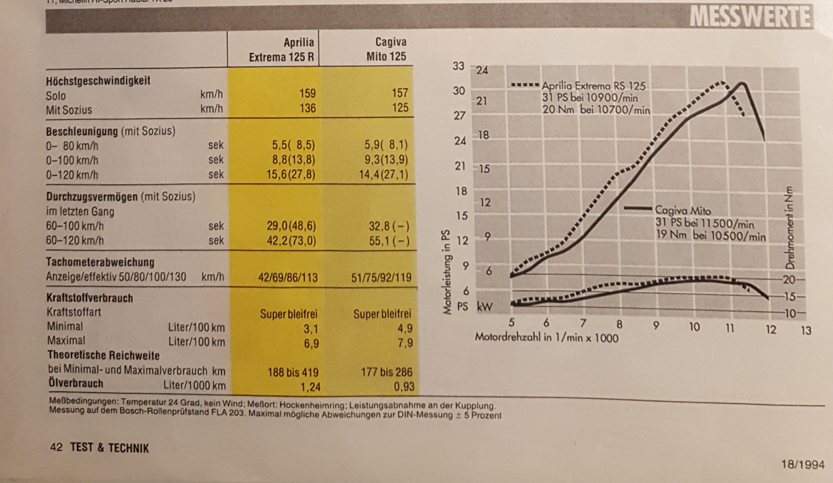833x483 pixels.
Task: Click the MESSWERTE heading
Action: click(x=750, y=17)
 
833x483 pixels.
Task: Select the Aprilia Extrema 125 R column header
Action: click(x=281, y=50)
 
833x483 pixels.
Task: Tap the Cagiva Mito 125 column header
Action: click(x=386, y=49)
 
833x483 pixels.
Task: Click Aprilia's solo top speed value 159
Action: click(x=307, y=93)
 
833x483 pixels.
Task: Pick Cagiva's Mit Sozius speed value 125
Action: click(x=400, y=107)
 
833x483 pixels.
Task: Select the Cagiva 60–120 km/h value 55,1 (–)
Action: click(x=389, y=241)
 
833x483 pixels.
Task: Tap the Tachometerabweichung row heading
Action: click(x=100, y=262)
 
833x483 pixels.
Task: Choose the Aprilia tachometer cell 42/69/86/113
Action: click(x=288, y=277)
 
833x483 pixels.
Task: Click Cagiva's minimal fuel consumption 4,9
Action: click(x=405, y=328)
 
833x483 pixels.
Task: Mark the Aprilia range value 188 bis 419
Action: click(x=293, y=372)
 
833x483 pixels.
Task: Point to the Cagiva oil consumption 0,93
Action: click(x=404, y=386)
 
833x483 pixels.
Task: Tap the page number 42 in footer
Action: click(x=56, y=447)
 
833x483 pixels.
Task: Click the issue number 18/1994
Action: click(x=803, y=464)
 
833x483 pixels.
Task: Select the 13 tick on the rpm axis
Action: click(x=806, y=330)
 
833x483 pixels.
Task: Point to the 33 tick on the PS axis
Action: click(x=459, y=66)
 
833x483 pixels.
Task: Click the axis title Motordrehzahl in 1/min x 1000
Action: click(x=546, y=337)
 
